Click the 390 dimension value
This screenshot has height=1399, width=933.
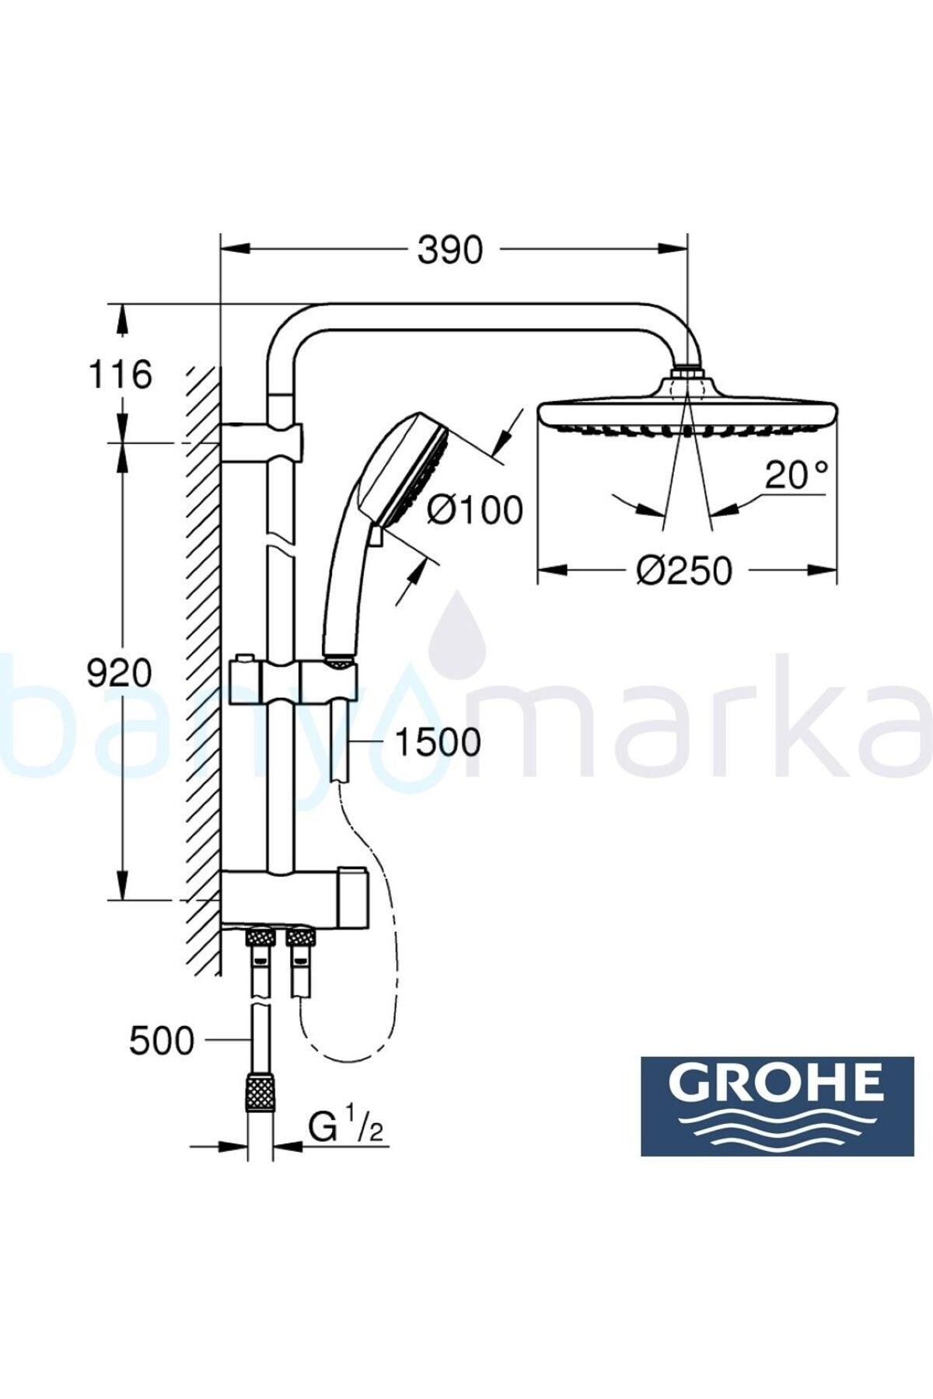coord(450,250)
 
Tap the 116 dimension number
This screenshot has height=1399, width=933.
coord(120,375)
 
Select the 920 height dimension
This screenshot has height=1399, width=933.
coord(119,672)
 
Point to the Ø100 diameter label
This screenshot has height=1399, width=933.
coord(476,510)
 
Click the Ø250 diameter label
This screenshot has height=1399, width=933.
coord(684,570)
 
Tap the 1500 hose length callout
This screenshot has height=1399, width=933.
coord(439,742)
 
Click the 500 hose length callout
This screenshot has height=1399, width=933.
coord(162,1041)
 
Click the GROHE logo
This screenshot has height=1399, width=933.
coord(777,1106)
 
